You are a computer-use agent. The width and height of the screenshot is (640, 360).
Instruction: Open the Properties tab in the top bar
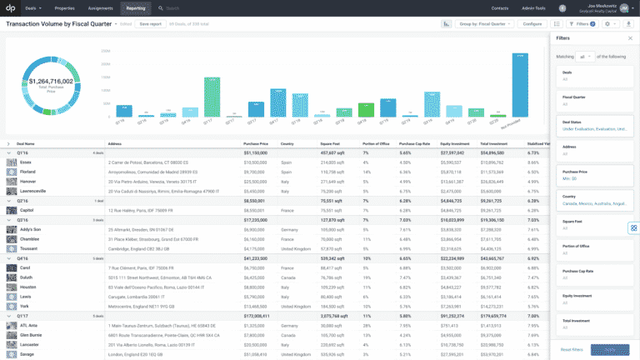[x=64, y=7]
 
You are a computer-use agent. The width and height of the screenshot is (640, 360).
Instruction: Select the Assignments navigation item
[x=99, y=7]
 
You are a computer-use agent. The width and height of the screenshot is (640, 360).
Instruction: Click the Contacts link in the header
[x=500, y=7]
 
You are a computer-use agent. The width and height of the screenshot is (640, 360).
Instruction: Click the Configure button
[x=531, y=24]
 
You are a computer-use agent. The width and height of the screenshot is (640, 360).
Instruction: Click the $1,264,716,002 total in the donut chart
[x=52, y=82]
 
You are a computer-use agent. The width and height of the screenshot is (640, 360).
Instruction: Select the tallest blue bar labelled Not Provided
[x=519, y=83]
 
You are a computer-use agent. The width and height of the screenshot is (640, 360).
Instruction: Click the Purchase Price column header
[x=255, y=143]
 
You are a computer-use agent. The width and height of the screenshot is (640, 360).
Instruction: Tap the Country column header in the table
[x=287, y=143]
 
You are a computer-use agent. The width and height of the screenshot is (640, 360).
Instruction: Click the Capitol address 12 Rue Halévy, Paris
[x=136, y=210]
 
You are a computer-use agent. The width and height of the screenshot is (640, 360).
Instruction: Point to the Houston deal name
[x=27, y=286]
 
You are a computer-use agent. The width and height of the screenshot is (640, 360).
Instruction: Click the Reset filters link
[x=572, y=349]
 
